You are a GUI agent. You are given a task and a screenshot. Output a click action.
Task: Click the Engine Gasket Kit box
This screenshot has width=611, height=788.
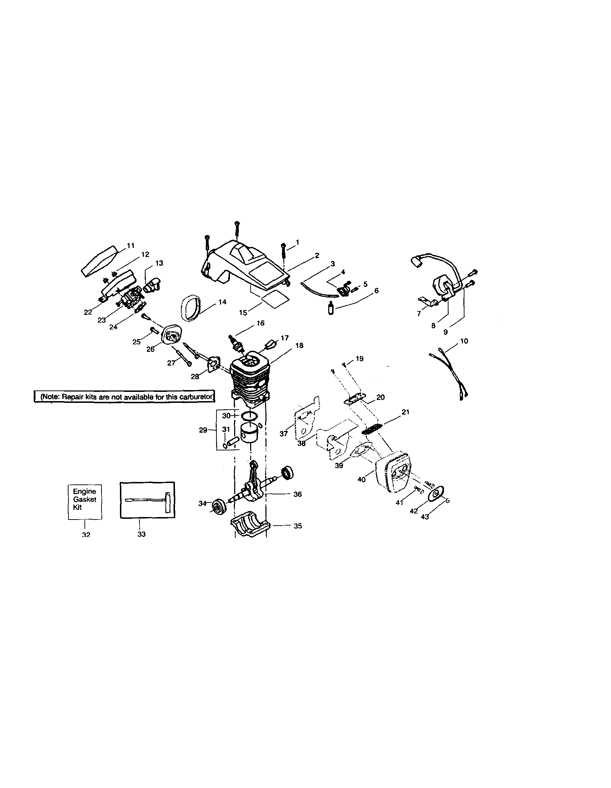point(85,501)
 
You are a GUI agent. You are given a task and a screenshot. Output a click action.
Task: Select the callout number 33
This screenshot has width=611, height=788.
point(142,534)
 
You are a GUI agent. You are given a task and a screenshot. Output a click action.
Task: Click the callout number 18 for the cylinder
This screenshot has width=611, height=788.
point(299,345)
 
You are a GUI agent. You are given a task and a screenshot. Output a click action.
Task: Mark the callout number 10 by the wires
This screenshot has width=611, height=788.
point(464,341)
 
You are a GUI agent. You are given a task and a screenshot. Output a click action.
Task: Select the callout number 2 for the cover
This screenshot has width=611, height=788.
point(316,255)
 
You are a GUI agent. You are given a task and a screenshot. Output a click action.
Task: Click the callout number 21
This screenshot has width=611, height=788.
point(406,412)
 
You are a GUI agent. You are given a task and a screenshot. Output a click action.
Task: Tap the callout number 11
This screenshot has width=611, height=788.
point(131,246)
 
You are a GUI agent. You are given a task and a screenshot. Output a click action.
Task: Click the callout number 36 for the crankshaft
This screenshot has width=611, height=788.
point(297,494)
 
